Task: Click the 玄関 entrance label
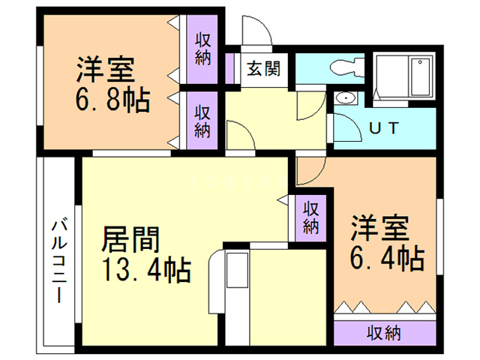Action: pos(263,69)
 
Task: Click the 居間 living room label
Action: pos(130,240)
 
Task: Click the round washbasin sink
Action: pos(346,97)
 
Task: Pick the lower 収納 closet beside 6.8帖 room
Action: pos(202,120)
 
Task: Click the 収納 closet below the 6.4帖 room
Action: pos(383,331)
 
